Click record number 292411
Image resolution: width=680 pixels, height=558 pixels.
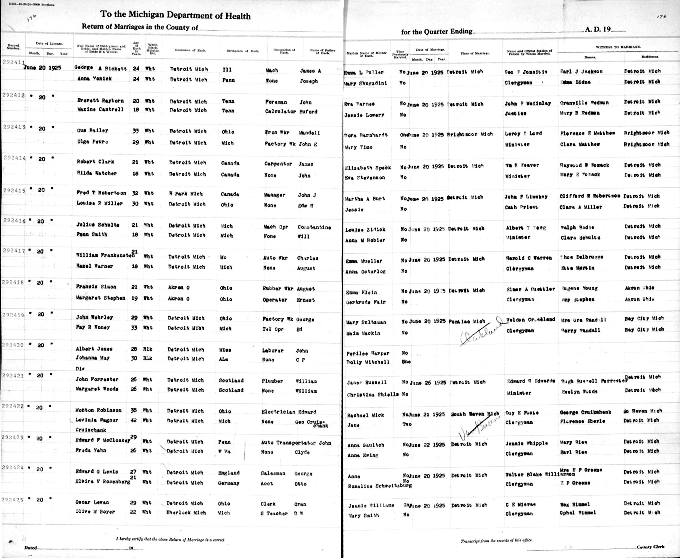[13, 62]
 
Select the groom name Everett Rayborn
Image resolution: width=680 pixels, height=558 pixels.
[100, 101]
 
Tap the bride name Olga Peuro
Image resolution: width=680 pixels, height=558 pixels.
[92, 142]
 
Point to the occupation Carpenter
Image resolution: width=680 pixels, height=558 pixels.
[278, 164]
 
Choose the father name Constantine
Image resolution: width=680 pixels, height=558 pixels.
[314, 227]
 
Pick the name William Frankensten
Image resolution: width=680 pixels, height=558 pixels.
[105, 255]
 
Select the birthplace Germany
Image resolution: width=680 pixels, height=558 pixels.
[228, 483]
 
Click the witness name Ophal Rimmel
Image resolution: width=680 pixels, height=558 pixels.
[578, 513]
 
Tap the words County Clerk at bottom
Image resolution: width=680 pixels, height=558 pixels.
[651, 547]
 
